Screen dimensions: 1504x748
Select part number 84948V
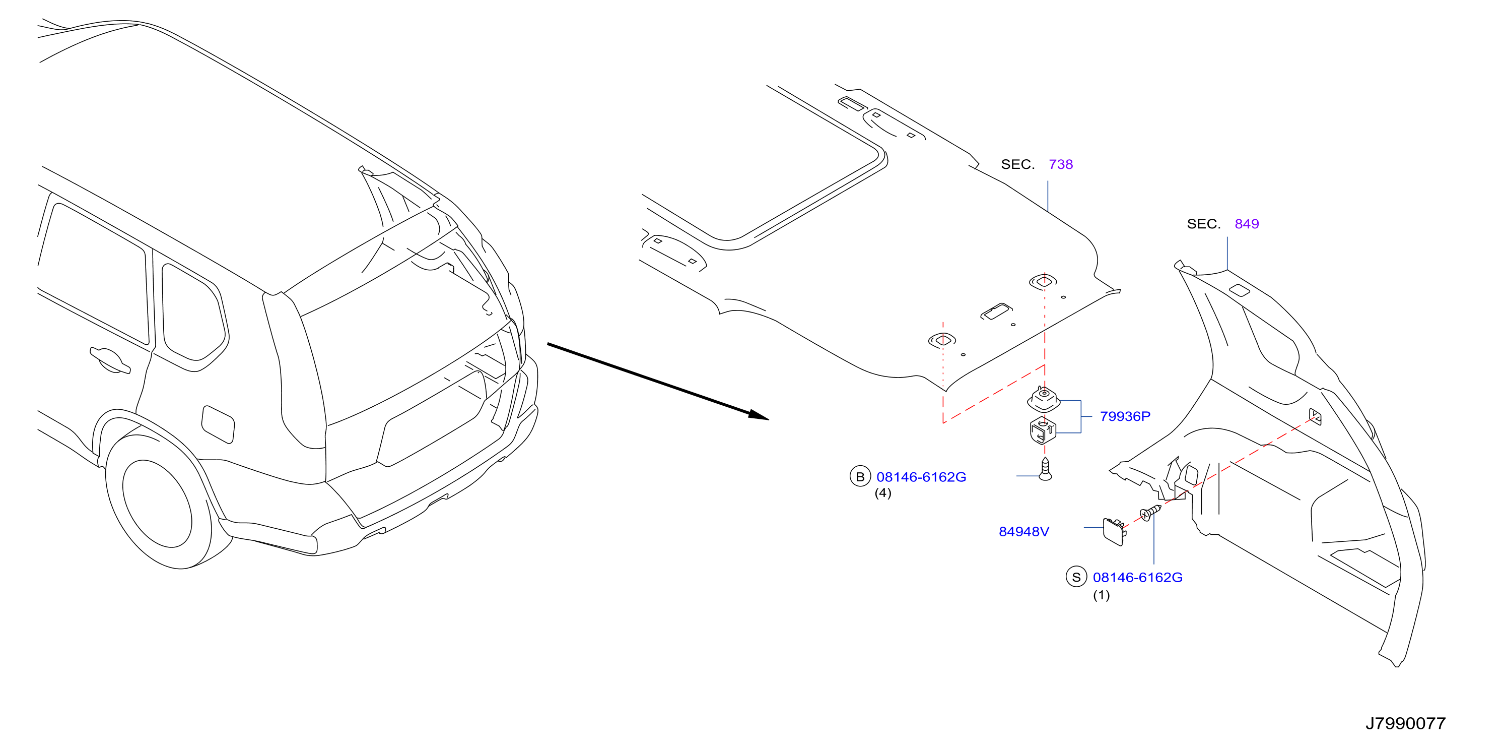coord(1023,531)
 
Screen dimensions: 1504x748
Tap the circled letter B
coord(860,477)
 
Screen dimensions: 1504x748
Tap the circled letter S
coord(1076,577)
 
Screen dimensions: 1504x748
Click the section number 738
coord(1061,164)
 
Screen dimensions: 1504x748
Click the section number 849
coord(1247,224)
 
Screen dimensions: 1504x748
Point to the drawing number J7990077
coord(1405,723)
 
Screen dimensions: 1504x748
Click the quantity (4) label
coord(883,493)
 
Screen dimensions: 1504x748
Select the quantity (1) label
coord(1101,595)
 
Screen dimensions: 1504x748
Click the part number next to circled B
coord(921,477)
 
